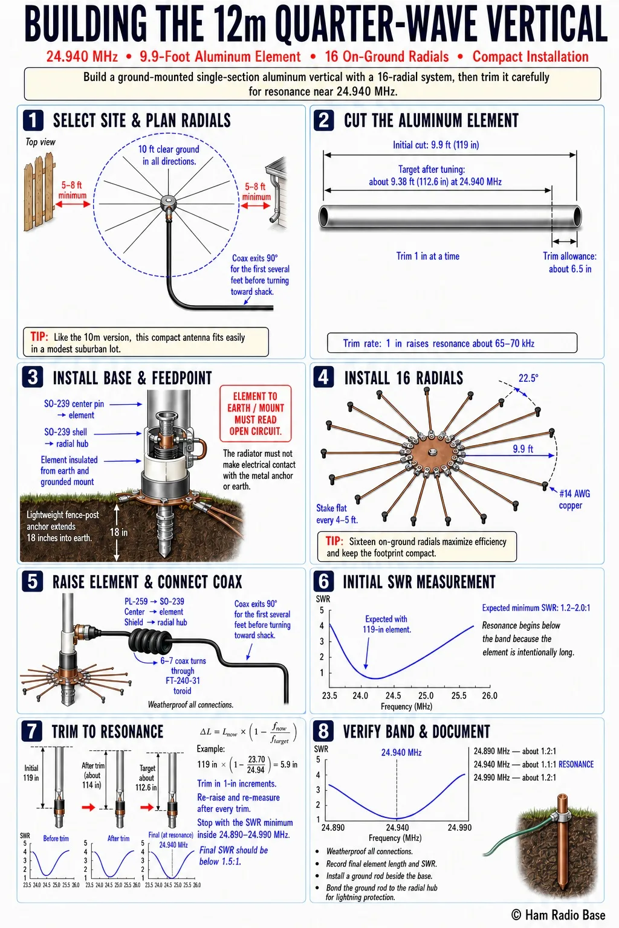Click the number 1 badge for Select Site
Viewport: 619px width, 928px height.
[33, 120]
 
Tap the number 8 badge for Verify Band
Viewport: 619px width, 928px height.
[323, 731]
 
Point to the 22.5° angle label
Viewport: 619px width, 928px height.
[528, 378]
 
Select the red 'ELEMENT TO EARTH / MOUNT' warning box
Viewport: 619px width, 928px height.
[255, 413]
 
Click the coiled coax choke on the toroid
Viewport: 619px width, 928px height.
[150, 640]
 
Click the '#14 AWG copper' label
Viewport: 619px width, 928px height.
[574, 499]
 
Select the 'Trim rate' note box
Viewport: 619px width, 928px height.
[452, 343]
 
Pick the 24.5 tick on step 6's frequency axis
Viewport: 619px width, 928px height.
[393, 695]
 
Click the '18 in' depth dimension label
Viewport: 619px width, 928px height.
[118, 532]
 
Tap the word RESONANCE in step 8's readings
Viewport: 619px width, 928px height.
[576, 764]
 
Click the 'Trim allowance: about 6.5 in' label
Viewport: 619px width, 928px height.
[569, 262]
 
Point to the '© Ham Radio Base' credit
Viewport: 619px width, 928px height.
[558, 915]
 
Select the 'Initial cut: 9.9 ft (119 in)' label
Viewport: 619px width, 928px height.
[436, 144]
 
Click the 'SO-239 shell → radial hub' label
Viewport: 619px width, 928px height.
[66, 437]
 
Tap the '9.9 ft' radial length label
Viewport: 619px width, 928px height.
[523, 449]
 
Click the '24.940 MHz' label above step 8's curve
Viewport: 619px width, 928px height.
[401, 752]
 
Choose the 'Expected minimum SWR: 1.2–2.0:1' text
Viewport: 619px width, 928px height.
[536, 608]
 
